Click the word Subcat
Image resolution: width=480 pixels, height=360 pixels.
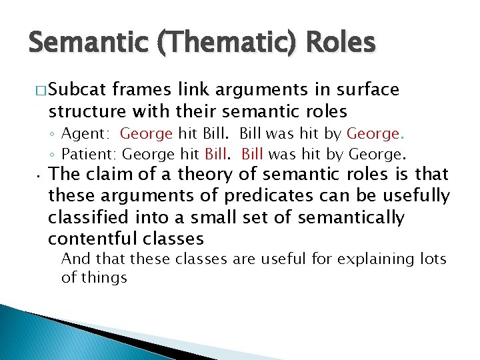click(x=78, y=90)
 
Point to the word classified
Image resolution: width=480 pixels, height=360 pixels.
click(x=83, y=217)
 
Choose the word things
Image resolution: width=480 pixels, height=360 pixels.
click(x=103, y=277)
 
